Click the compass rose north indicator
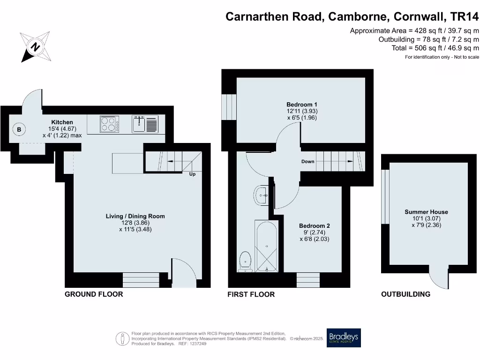click(x=35, y=47)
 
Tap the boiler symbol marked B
click(x=19, y=129)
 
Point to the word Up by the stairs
click(x=192, y=174)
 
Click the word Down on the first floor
click(x=307, y=161)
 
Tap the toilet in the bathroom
click(x=245, y=262)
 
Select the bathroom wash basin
click(x=261, y=195)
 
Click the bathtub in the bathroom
click(x=267, y=246)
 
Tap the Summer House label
click(x=426, y=212)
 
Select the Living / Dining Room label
click(x=135, y=216)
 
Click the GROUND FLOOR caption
click(x=94, y=294)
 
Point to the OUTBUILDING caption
click(x=405, y=294)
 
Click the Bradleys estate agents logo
click(x=344, y=337)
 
